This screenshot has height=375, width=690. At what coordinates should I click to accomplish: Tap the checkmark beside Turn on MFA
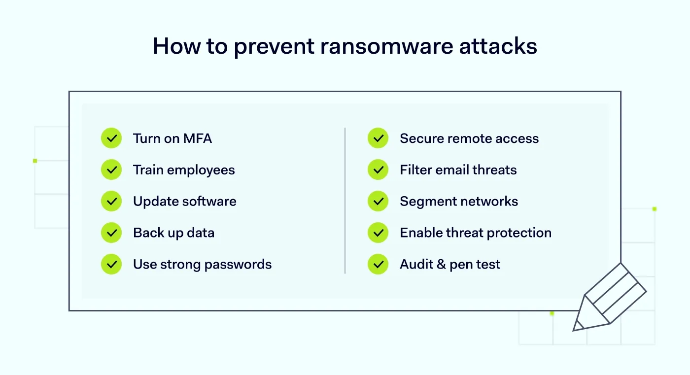111,138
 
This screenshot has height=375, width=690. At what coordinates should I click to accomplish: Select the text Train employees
184,170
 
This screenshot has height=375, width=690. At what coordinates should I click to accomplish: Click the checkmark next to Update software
111,202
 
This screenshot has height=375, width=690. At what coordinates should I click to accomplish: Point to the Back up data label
173,233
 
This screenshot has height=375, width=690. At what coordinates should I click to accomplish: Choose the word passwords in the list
238,265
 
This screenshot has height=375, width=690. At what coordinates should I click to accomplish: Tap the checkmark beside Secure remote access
378,138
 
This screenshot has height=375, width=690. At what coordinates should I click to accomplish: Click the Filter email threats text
458,170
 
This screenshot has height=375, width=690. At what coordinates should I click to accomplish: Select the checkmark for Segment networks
378,202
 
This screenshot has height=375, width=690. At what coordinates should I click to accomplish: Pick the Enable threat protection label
476,233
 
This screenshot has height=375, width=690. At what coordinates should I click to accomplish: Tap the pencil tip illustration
578,326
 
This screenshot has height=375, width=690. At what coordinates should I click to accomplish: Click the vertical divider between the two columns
345,201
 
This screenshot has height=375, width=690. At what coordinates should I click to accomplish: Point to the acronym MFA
198,138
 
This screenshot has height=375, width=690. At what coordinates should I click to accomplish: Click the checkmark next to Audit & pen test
378,265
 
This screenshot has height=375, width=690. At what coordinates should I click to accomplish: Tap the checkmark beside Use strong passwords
111,265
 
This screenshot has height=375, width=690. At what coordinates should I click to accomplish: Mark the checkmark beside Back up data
111,233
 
